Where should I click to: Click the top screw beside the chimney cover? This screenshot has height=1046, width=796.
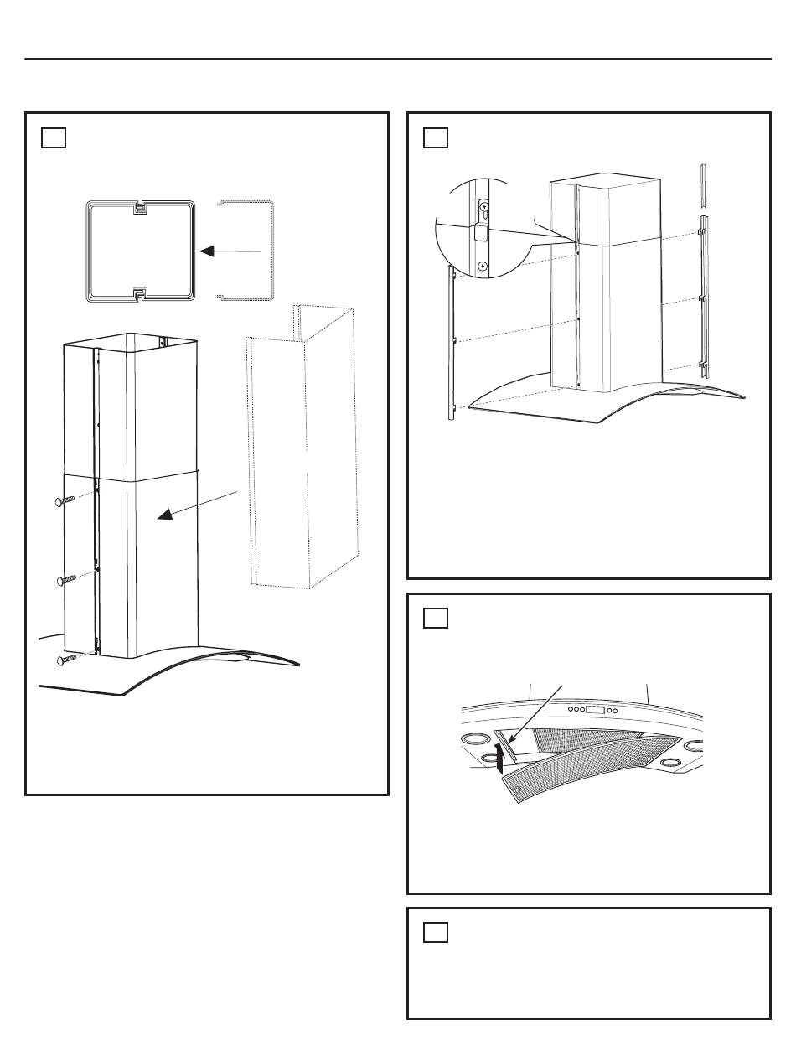[x=65, y=501]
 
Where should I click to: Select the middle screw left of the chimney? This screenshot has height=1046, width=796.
[x=65, y=579]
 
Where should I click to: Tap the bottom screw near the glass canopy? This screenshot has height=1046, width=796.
[x=65, y=660]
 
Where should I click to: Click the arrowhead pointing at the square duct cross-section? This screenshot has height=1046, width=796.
[x=203, y=250]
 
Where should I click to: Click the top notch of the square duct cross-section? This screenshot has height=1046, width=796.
[x=140, y=206]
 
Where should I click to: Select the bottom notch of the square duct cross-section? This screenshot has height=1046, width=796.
[x=140, y=293]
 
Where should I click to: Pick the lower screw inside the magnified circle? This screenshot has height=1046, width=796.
[x=483, y=266]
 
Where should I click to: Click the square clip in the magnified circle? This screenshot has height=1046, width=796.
[x=481, y=234]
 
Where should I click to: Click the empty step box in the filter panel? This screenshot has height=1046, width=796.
[x=436, y=619]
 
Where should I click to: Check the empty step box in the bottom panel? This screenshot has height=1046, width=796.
[x=436, y=932]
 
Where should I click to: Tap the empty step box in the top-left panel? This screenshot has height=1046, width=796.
[x=54, y=137]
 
